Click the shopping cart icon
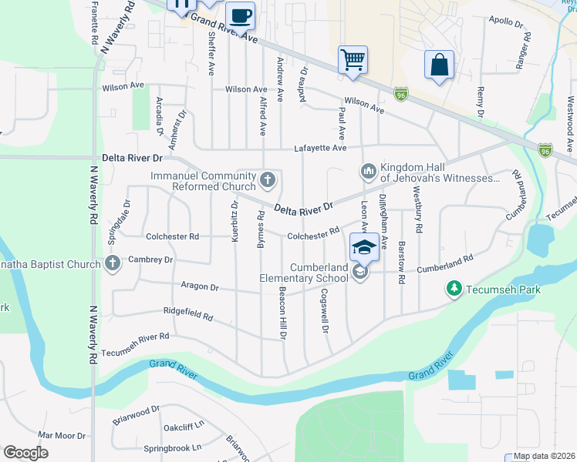pyautogui.click(x=353, y=59)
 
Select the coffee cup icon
pyautogui.click(x=241, y=15)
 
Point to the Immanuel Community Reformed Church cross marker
pyautogui.click(x=268, y=181)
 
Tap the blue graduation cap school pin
pyautogui.click(x=363, y=246)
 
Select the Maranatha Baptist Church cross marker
pyautogui.click(x=113, y=263)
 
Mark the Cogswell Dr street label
pyautogui.click(x=325, y=310)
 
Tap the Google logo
pyautogui.click(x=26, y=453)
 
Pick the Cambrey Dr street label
pyautogui.click(x=152, y=259)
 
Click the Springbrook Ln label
pyautogui.click(x=172, y=447)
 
